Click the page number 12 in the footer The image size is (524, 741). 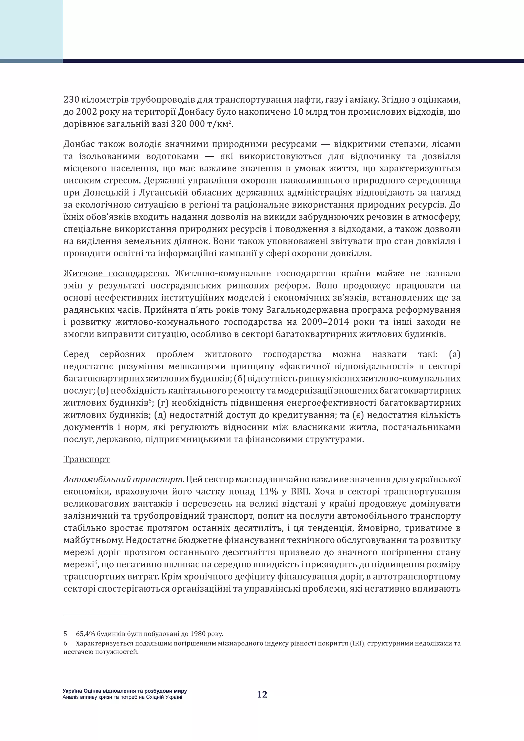point(262,694)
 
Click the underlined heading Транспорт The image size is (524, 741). point(86,459)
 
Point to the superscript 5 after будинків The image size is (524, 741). point(150,401)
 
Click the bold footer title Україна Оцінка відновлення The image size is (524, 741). point(125,691)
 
